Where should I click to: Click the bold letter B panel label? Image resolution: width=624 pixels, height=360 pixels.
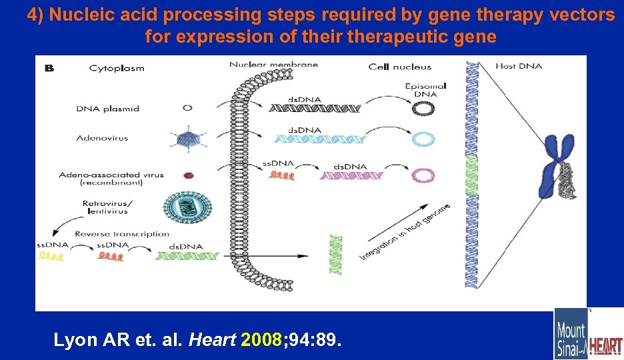[48, 67]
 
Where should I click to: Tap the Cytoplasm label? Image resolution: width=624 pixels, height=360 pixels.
[117, 68]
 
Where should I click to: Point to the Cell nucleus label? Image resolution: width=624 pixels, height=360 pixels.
[400, 67]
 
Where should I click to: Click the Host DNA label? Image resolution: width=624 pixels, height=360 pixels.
[519, 66]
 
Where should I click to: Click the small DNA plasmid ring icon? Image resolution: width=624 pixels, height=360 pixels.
[188, 108]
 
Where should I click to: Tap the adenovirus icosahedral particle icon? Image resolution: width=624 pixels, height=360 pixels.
[188, 139]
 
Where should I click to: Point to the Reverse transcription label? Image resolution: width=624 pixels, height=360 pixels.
[122, 234]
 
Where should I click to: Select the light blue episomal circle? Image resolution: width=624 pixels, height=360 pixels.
[422, 139]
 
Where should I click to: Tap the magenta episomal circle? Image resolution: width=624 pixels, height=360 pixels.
[422, 175]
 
